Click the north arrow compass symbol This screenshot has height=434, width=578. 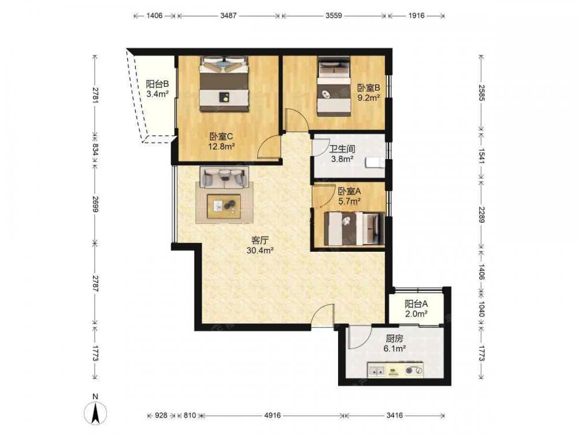[95, 412]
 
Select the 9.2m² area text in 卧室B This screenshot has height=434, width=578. [369, 98]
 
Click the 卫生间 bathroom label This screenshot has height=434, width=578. [342, 149]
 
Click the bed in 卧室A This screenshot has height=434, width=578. [354, 229]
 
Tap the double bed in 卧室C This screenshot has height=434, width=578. [224, 84]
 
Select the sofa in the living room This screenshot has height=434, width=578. [224, 176]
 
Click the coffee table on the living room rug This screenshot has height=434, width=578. [224, 207]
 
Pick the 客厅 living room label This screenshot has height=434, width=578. [260, 241]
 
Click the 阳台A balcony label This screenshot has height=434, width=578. [416, 304]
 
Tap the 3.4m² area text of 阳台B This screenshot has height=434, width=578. [157, 94]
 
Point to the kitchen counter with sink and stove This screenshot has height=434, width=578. [395, 370]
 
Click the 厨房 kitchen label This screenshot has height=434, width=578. [394, 338]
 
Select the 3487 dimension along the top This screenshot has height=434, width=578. [228, 16]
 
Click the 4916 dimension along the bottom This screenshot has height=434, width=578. [272, 415]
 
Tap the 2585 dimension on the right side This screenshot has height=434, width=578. [481, 93]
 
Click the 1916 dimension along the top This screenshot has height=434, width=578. [416, 16]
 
